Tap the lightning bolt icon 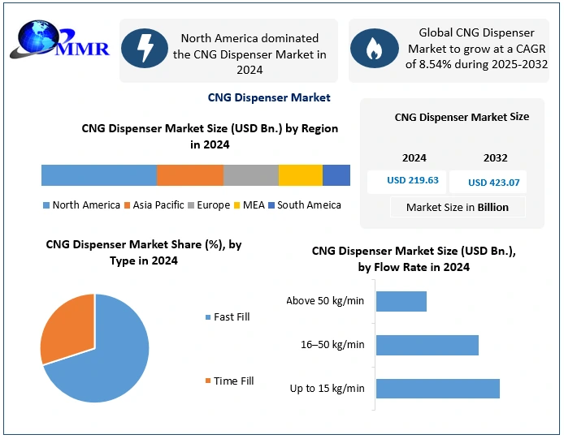click(x=144, y=49)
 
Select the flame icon click(x=374, y=49)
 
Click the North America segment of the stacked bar click(x=98, y=175)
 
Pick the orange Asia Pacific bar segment click(x=189, y=175)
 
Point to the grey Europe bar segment click(x=250, y=175)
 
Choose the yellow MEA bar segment click(x=300, y=175)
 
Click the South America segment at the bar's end click(x=336, y=175)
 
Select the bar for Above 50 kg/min click(x=401, y=301)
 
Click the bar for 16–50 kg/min click(x=427, y=345)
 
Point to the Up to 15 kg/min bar click(x=437, y=388)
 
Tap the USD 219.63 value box click(x=406, y=181)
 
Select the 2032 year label click(x=495, y=157)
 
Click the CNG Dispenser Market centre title click(x=269, y=97)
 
